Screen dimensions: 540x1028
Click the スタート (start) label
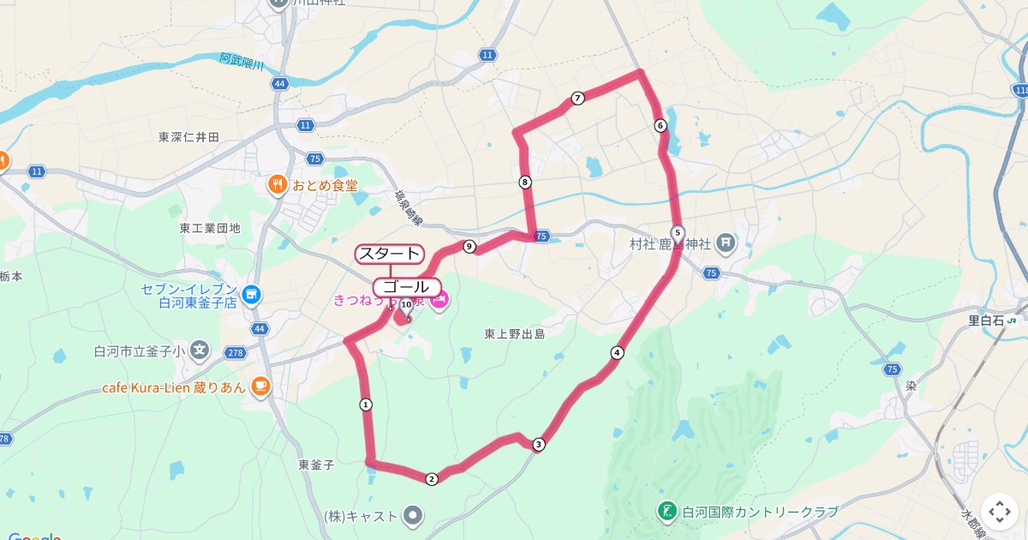click(x=389, y=254)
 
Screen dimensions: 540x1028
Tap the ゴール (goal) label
click(x=407, y=286)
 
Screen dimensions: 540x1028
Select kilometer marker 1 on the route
click(x=366, y=404)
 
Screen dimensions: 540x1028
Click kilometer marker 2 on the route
click(x=432, y=479)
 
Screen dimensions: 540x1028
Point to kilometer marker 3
click(x=538, y=444)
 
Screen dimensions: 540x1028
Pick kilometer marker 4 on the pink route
click(x=617, y=352)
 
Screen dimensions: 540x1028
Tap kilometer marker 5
click(x=678, y=232)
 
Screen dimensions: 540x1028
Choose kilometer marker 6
click(x=660, y=125)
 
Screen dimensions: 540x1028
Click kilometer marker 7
click(x=577, y=99)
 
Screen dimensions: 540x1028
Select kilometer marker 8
click(x=524, y=182)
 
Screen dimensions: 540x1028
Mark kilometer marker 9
click(x=469, y=247)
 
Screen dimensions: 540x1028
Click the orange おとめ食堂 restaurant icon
click(x=277, y=184)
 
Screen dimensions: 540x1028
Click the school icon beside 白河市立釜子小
click(x=200, y=350)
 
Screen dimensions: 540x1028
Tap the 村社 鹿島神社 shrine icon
click(x=726, y=243)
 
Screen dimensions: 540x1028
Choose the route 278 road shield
click(x=236, y=352)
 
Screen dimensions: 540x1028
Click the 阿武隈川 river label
click(x=242, y=61)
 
